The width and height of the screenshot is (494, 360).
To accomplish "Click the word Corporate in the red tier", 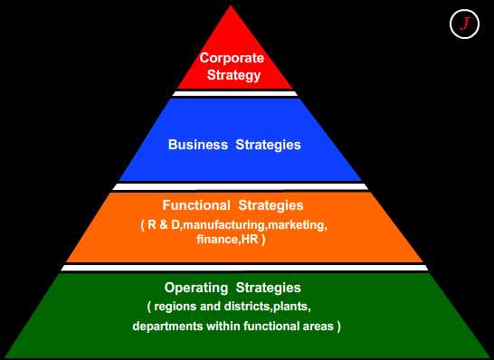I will tap(232, 58).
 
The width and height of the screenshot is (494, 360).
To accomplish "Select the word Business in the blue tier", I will tap(198, 144).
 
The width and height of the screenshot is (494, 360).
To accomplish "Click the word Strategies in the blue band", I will tap(269, 144).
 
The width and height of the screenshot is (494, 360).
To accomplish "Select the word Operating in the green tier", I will tap(195, 288).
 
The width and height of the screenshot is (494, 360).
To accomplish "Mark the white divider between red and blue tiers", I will tap(235, 93).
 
